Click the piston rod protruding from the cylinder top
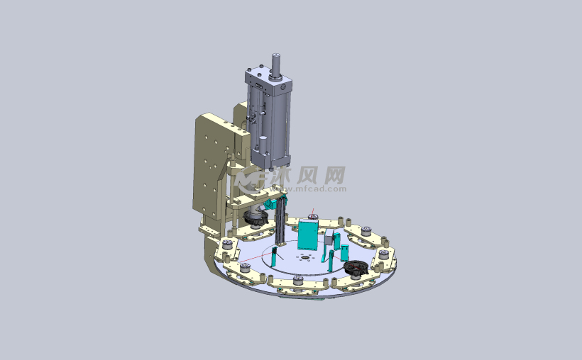(276, 65)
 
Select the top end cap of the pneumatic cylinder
(268, 79)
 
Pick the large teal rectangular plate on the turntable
(308, 235)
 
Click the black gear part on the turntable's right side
(356, 268)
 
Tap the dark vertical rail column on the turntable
(281, 221)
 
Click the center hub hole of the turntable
(304, 257)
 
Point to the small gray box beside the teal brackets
(329, 240)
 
